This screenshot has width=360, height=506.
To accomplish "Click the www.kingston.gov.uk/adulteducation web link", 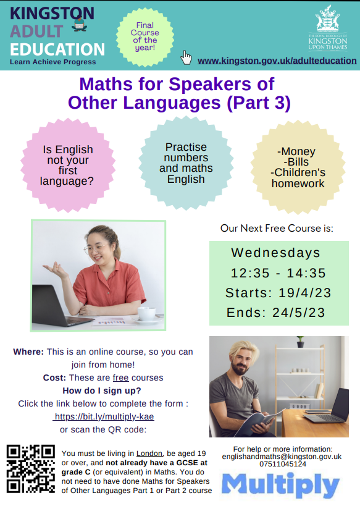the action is point(277,61).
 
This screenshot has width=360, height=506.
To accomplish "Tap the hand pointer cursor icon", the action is point(186,57).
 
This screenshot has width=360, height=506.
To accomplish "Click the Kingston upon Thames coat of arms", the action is point(327,18).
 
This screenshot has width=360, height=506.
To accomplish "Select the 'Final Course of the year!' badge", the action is point(145,36).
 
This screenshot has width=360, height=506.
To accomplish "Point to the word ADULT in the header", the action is point(36,32).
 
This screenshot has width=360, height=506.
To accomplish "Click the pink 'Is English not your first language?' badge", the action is point(68,165).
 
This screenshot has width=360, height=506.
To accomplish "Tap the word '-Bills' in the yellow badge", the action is point(296,162).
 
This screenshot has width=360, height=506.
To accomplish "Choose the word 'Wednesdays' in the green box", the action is point(275,253).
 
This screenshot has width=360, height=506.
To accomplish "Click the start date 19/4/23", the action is point(305,293).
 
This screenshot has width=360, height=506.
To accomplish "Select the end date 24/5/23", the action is point(299,313).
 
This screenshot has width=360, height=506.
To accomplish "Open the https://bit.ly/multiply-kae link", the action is point(104,416).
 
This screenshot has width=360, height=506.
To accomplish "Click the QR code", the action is point(31,469).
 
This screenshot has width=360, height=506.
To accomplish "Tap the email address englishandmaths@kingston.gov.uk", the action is point(282,457).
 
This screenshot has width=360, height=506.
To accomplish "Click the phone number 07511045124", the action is point(283,464).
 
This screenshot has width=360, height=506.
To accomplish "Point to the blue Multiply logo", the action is point(280,485).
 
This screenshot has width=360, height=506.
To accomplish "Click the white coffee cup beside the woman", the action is point(147,314).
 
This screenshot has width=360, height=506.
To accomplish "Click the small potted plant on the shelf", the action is point(300,342).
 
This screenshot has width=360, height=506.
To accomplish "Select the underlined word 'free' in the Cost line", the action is point(120,377).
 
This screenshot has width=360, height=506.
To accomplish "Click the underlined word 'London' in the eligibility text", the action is point(149,453).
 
